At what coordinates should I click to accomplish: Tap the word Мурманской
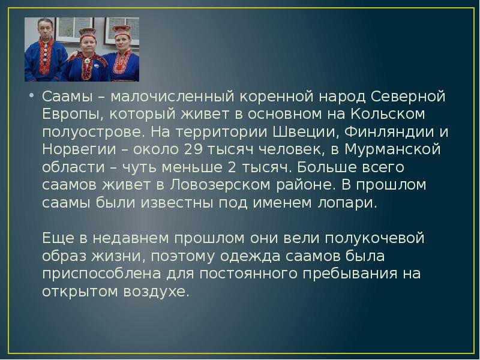386,149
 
